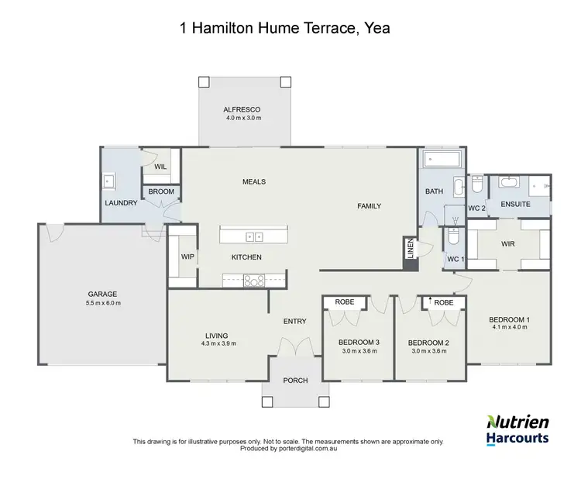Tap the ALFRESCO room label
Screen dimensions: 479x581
[x=243, y=109]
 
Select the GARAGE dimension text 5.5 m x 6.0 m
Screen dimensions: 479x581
[x=102, y=302]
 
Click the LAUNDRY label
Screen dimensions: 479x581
[x=121, y=203]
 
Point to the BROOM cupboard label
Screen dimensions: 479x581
[x=161, y=191]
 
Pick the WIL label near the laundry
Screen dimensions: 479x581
[x=160, y=167]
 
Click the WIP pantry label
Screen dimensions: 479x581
[x=187, y=257]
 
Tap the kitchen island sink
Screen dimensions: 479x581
[x=253, y=236]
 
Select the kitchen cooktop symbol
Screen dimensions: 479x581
[x=253, y=281]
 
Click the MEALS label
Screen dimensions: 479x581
[x=254, y=181]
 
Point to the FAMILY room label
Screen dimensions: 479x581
[x=370, y=205]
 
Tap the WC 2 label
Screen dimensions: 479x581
[x=477, y=208]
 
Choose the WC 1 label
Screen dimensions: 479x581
[x=455, y=259]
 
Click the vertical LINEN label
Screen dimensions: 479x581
[x=410, y=250]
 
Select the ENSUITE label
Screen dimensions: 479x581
[x=515, y=205]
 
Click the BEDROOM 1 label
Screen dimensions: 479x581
[x=509, y=319]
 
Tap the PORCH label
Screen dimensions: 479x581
[x=295, y=381]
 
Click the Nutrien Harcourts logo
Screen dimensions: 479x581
[x=517, y=429]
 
